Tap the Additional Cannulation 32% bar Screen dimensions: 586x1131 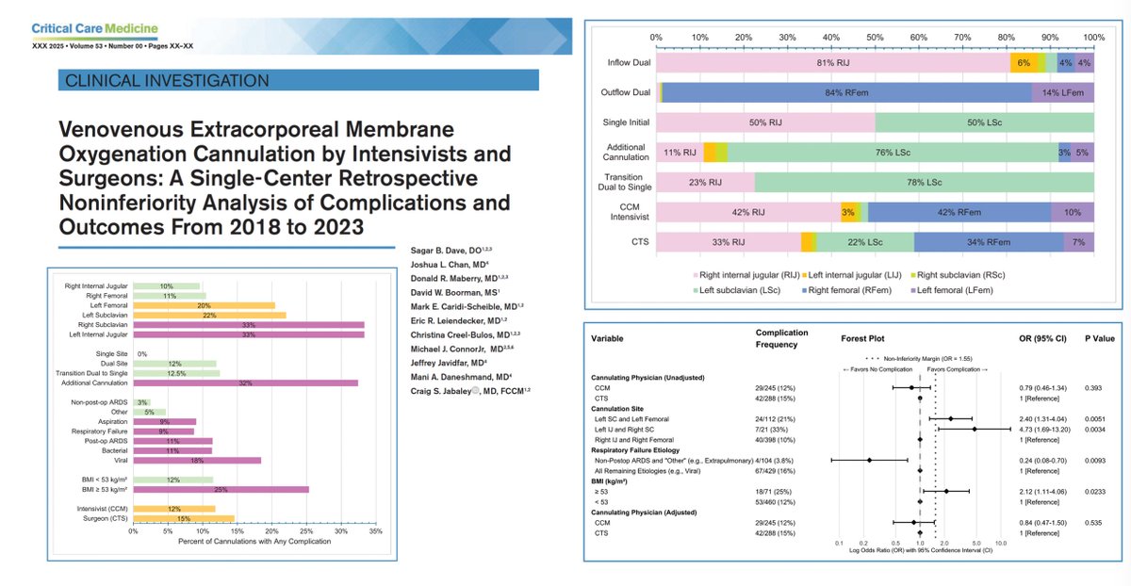coord(246,383)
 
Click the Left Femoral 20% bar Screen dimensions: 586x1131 coord(204,305)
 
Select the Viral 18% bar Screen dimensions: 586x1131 coord(197,460)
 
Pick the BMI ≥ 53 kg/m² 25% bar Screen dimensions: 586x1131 coord(221,489)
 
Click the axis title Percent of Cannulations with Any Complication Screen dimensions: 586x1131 coord(254,541)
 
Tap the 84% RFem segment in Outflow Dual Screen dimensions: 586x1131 coord(846,92)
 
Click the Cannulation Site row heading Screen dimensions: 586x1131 coord(623,408)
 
